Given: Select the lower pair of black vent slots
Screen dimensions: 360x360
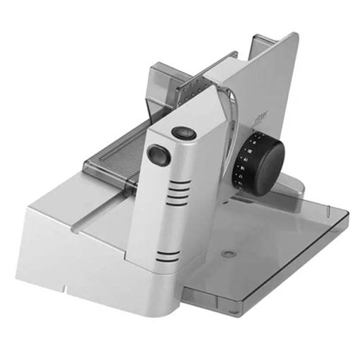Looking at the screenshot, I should tap(168, 256).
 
